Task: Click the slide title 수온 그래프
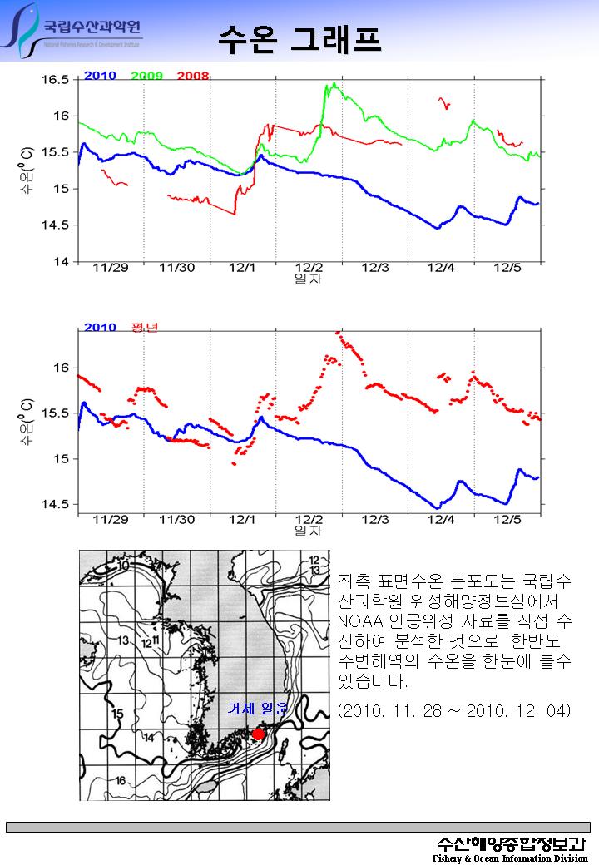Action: coord(300,37)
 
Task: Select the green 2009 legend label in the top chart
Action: coord(146,76)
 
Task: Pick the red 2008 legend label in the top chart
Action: coord(193,76)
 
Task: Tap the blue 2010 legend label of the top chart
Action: coord(100,76)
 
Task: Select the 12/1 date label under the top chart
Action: coord(242,268)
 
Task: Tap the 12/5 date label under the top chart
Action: coord(507,268)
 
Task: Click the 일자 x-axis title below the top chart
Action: coord(306,279)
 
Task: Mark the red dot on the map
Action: coord(258,734)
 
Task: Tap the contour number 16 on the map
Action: coord(121,780)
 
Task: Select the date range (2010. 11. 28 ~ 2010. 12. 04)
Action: coord(454,712)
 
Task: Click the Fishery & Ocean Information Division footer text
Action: coord(509,858)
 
